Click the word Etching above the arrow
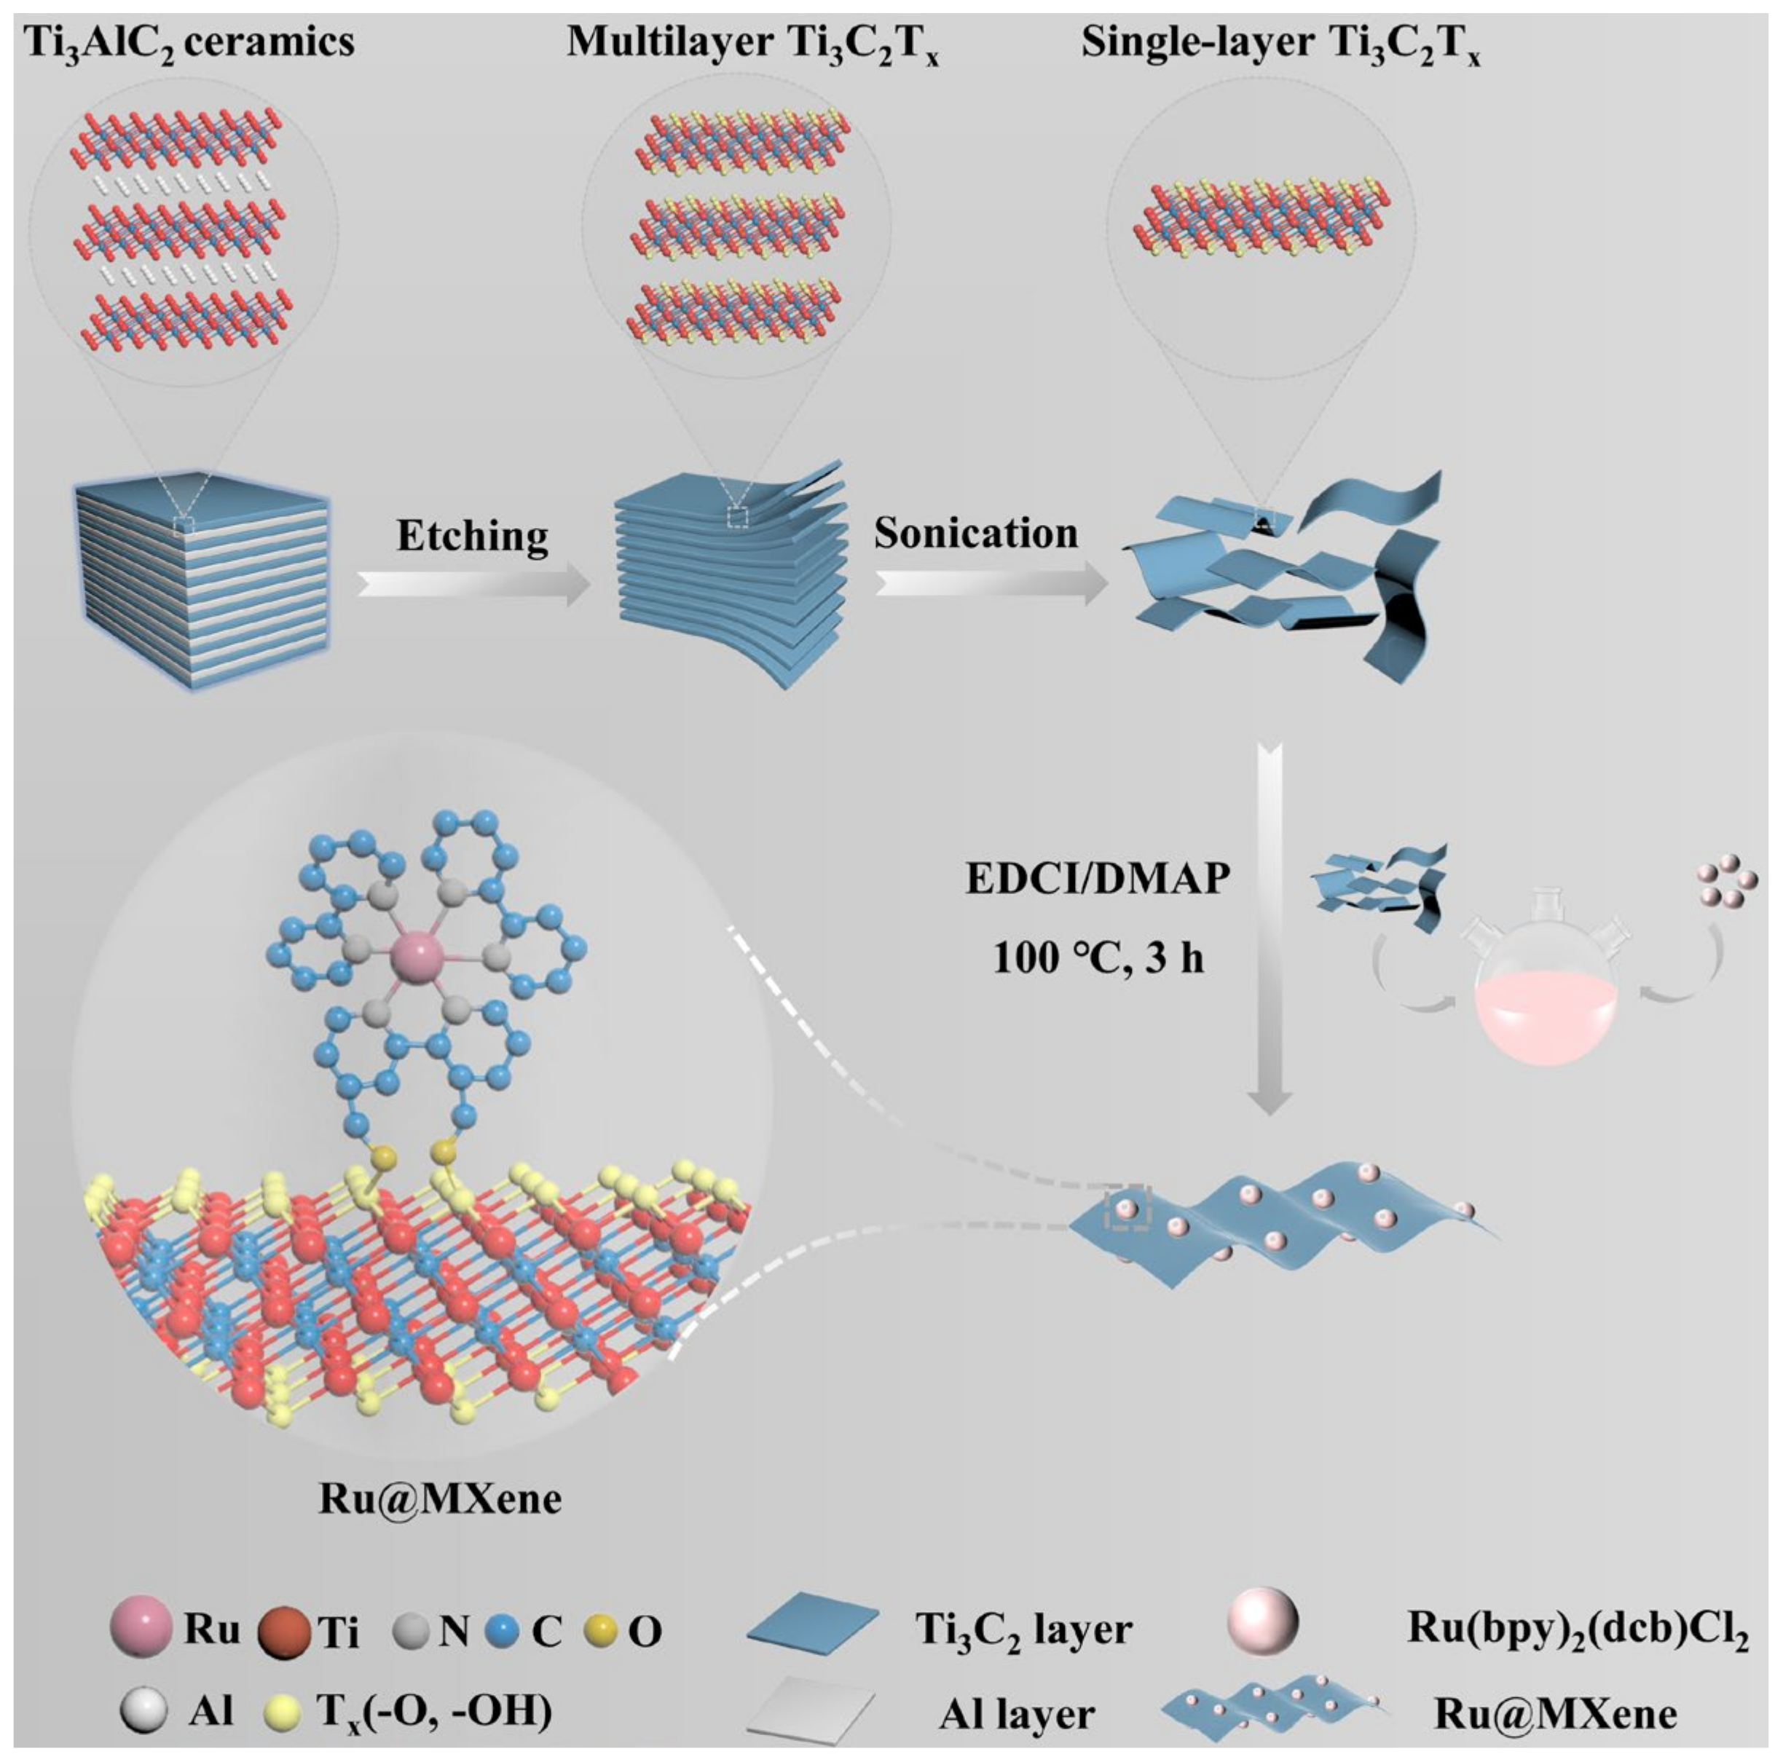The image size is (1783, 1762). pos(473,536)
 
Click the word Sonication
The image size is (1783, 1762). pos(975,533)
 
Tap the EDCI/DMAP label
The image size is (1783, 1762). pos(1098,878)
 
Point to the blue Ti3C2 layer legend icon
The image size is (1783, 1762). pos(812,1631)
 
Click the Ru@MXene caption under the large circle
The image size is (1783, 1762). pos(439,1499)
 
